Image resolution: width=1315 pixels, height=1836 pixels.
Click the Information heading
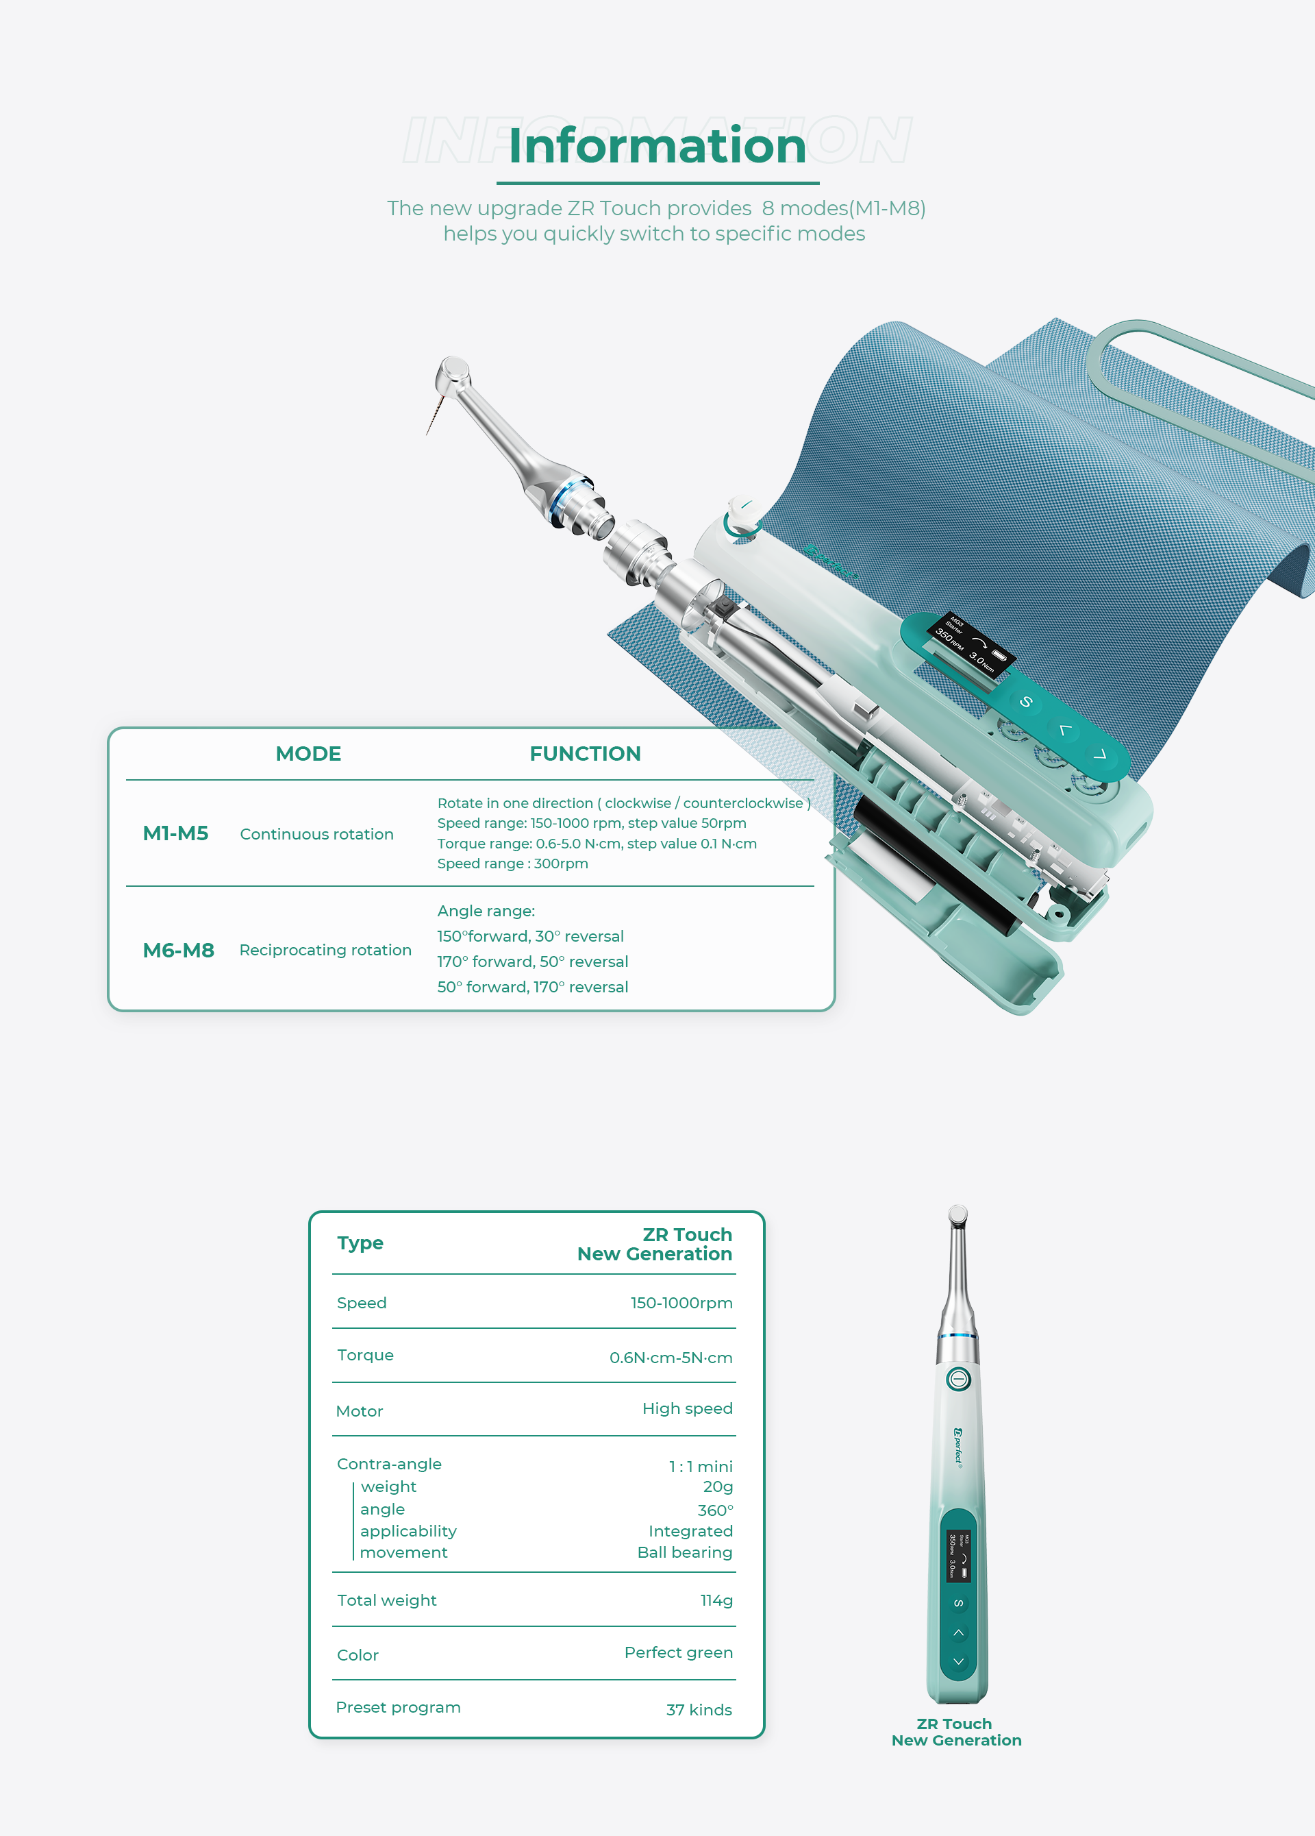coord(657,147)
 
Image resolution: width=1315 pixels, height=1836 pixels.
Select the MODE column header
coord(308,754)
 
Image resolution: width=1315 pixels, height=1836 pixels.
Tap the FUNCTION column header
coord(584,754)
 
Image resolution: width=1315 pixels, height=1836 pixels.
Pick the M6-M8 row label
coord(178,950)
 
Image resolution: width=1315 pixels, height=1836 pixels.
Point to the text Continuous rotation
coord(316,834)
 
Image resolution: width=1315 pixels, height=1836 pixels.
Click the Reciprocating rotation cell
coord(325,950)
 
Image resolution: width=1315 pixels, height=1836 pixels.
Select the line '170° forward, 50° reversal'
coord(532,962)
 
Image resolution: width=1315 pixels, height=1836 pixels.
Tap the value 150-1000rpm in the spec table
coord(681,1303)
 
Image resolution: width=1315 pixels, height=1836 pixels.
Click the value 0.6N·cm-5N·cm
coord(671,1358)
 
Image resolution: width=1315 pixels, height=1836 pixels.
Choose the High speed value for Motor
coord(687,1408)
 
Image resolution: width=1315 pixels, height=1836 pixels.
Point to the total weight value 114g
coord(716,1600)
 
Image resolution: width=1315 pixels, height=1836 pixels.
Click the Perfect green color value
coord(678,1652)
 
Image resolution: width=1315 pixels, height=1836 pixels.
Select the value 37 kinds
coord(699,1710)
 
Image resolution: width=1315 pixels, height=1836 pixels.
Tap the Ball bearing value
coord(685,1553)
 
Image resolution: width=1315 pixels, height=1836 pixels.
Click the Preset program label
coord(398,1707)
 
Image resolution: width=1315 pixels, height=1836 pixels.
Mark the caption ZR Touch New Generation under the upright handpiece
coord(955,1732)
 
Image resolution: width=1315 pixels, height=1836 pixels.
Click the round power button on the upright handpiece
coord(958,1379)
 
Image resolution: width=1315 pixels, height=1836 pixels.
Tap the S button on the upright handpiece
coord(958,1604)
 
